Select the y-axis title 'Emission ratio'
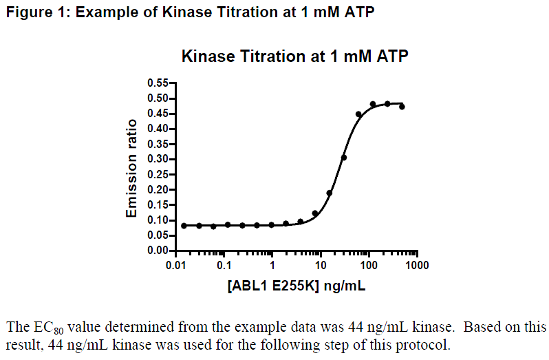tap(131, 169)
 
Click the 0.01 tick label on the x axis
tap(177, 265)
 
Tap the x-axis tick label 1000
tap(416, 265)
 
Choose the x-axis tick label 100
tap(369, 265)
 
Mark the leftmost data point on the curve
tap(184, 226)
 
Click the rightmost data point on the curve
tap(402, 107)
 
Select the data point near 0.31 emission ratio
tap(344, 158)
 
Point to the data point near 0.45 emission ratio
tap(358, 114)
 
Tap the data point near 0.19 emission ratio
tap(330, 193)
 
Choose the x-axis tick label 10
tap(321, 265)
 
